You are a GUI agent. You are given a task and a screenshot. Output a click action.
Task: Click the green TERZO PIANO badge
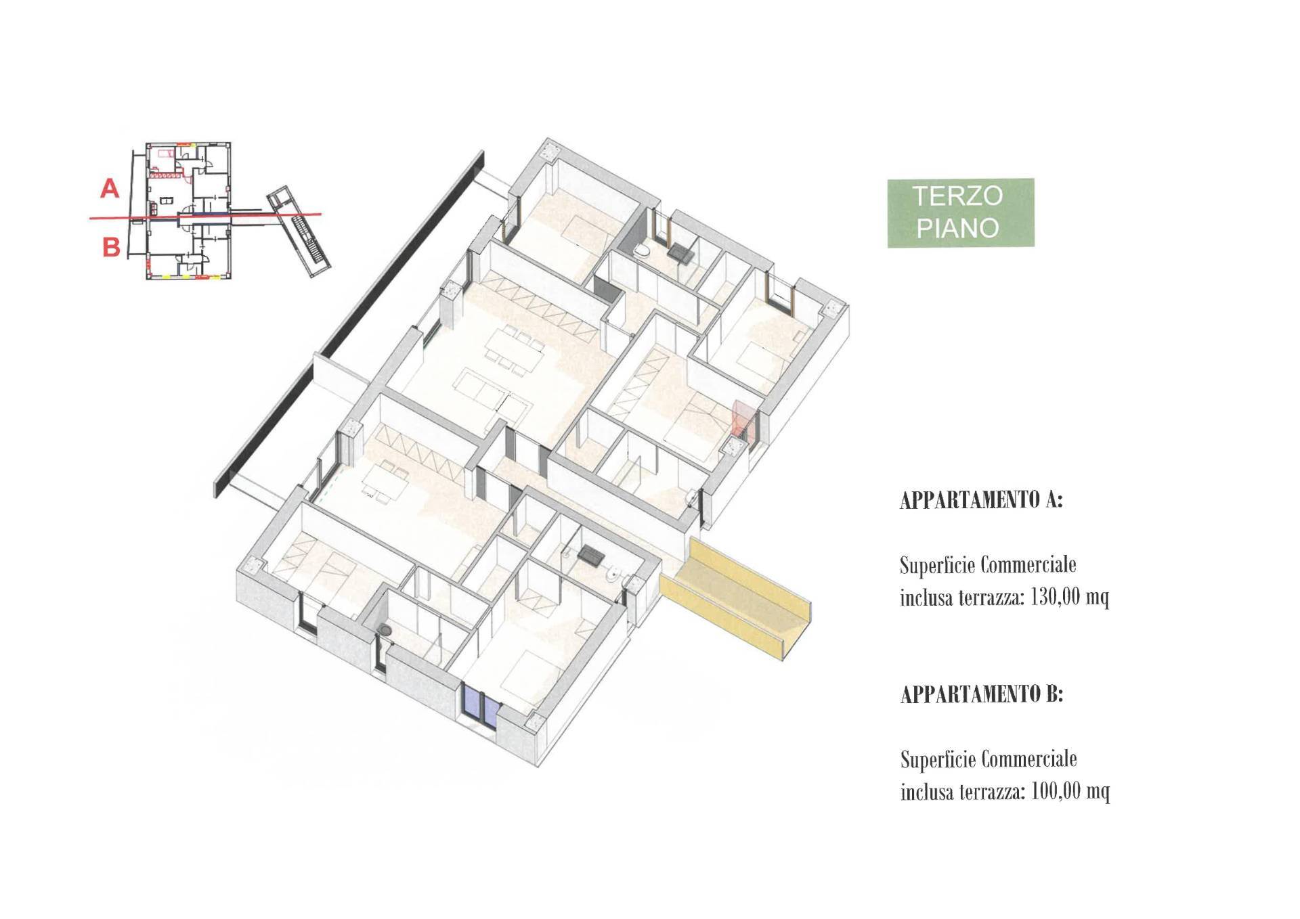click(x=960, y=212)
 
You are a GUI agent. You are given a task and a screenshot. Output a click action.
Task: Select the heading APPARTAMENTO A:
click(x=981, y=500)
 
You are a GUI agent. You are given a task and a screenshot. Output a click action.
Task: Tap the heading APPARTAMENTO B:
click(x=981, y=694)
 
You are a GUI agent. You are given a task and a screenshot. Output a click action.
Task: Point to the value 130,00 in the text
click(x=1054, y=598)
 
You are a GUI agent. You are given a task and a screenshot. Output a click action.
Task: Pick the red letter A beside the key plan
click(x=110, y=188)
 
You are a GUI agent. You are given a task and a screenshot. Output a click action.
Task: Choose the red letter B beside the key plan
click(x=111, y=247)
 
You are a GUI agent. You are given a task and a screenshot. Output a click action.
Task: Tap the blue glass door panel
click(x=480, y=706)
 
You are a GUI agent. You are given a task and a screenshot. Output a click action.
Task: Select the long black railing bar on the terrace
click(x=349, y=317)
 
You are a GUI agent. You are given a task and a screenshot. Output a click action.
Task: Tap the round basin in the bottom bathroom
click(x=386, y=629)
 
